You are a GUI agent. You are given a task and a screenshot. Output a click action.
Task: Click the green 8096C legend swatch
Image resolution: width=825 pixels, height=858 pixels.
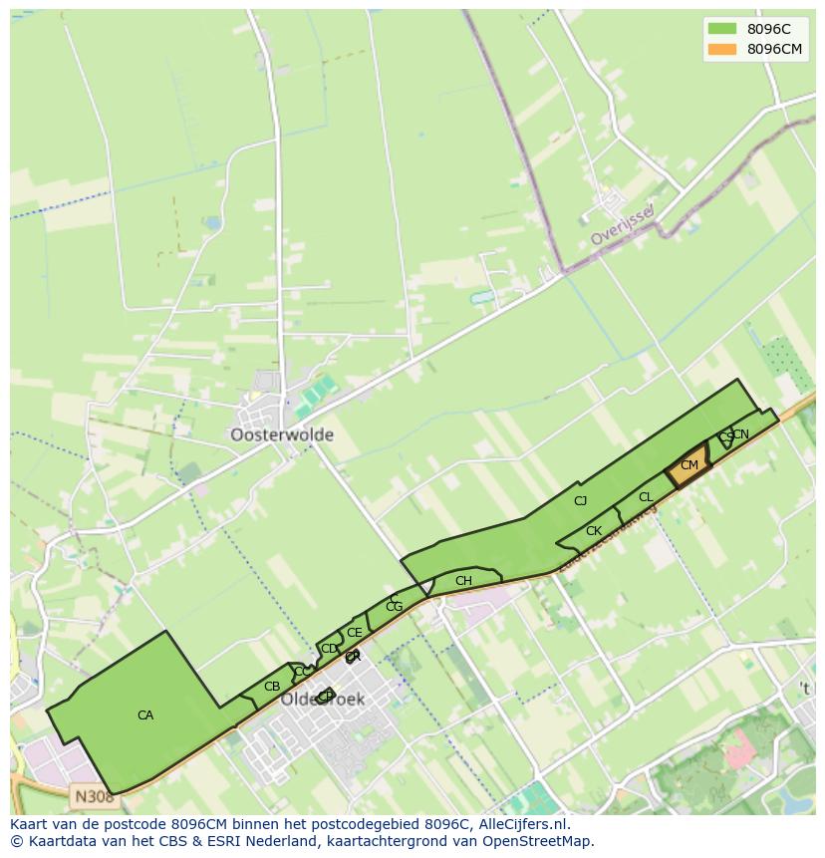pyautogui.click(x=721, y=29)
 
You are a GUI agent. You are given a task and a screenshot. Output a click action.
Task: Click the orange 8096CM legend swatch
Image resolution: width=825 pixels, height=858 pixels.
pyautogui.click(x=721, y=49)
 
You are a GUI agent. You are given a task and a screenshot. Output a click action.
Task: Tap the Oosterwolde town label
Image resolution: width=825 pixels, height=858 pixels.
pyautogui.click(x=282, y=435)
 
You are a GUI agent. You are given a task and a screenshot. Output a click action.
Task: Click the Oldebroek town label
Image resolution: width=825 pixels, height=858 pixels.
pyautogui.click(x=322, y=700)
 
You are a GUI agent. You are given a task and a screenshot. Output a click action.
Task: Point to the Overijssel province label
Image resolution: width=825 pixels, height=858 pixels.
pyautogui.click(x=621, y=226)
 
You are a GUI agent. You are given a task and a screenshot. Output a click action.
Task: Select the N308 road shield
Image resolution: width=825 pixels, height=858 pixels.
pyautogui.click(x=93, y=796)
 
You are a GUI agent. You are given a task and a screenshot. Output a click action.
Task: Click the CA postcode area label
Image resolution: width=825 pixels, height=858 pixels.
pyautogui.click(x=145, y=715)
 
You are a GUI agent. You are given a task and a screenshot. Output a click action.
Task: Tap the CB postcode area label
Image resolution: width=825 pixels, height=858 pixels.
pyautogui.click(x=272, y=687)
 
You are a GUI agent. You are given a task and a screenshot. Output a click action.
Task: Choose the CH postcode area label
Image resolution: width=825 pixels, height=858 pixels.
pyautogui.click(x=463, y=581)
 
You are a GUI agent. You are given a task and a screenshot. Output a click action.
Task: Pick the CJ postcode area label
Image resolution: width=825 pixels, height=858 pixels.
pyautogui.click(x=581, y=501)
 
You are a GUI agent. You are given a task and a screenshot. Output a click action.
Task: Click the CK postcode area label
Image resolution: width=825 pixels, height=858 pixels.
pyautogui.click(x=594, y=531)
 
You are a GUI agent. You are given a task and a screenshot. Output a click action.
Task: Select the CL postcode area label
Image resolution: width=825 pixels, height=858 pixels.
pyautogui.click(x=646, y=497)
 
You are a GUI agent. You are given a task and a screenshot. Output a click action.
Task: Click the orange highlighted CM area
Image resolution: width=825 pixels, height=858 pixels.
pyautogui.click(x=688, y=465)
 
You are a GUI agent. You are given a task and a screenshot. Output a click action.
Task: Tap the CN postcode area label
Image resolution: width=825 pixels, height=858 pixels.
pyautogui.click(x=741, y=434)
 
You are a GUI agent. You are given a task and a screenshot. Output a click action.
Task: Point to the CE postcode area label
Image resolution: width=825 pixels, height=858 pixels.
pyautogui.click(x=355, y=633)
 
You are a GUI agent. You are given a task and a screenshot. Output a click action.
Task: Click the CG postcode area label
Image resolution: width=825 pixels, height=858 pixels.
pyautogui.click(x=395, y=607)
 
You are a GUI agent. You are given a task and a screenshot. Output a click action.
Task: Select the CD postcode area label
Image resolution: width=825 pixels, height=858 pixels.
pyautogui.click(x=329, y=649)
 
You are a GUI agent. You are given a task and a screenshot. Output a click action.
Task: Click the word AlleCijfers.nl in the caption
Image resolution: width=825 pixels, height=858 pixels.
pyautogui.click(x=522, y=824)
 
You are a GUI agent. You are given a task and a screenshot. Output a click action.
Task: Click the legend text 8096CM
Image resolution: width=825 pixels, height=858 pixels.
pyautogui.click(x=775, y=49)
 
